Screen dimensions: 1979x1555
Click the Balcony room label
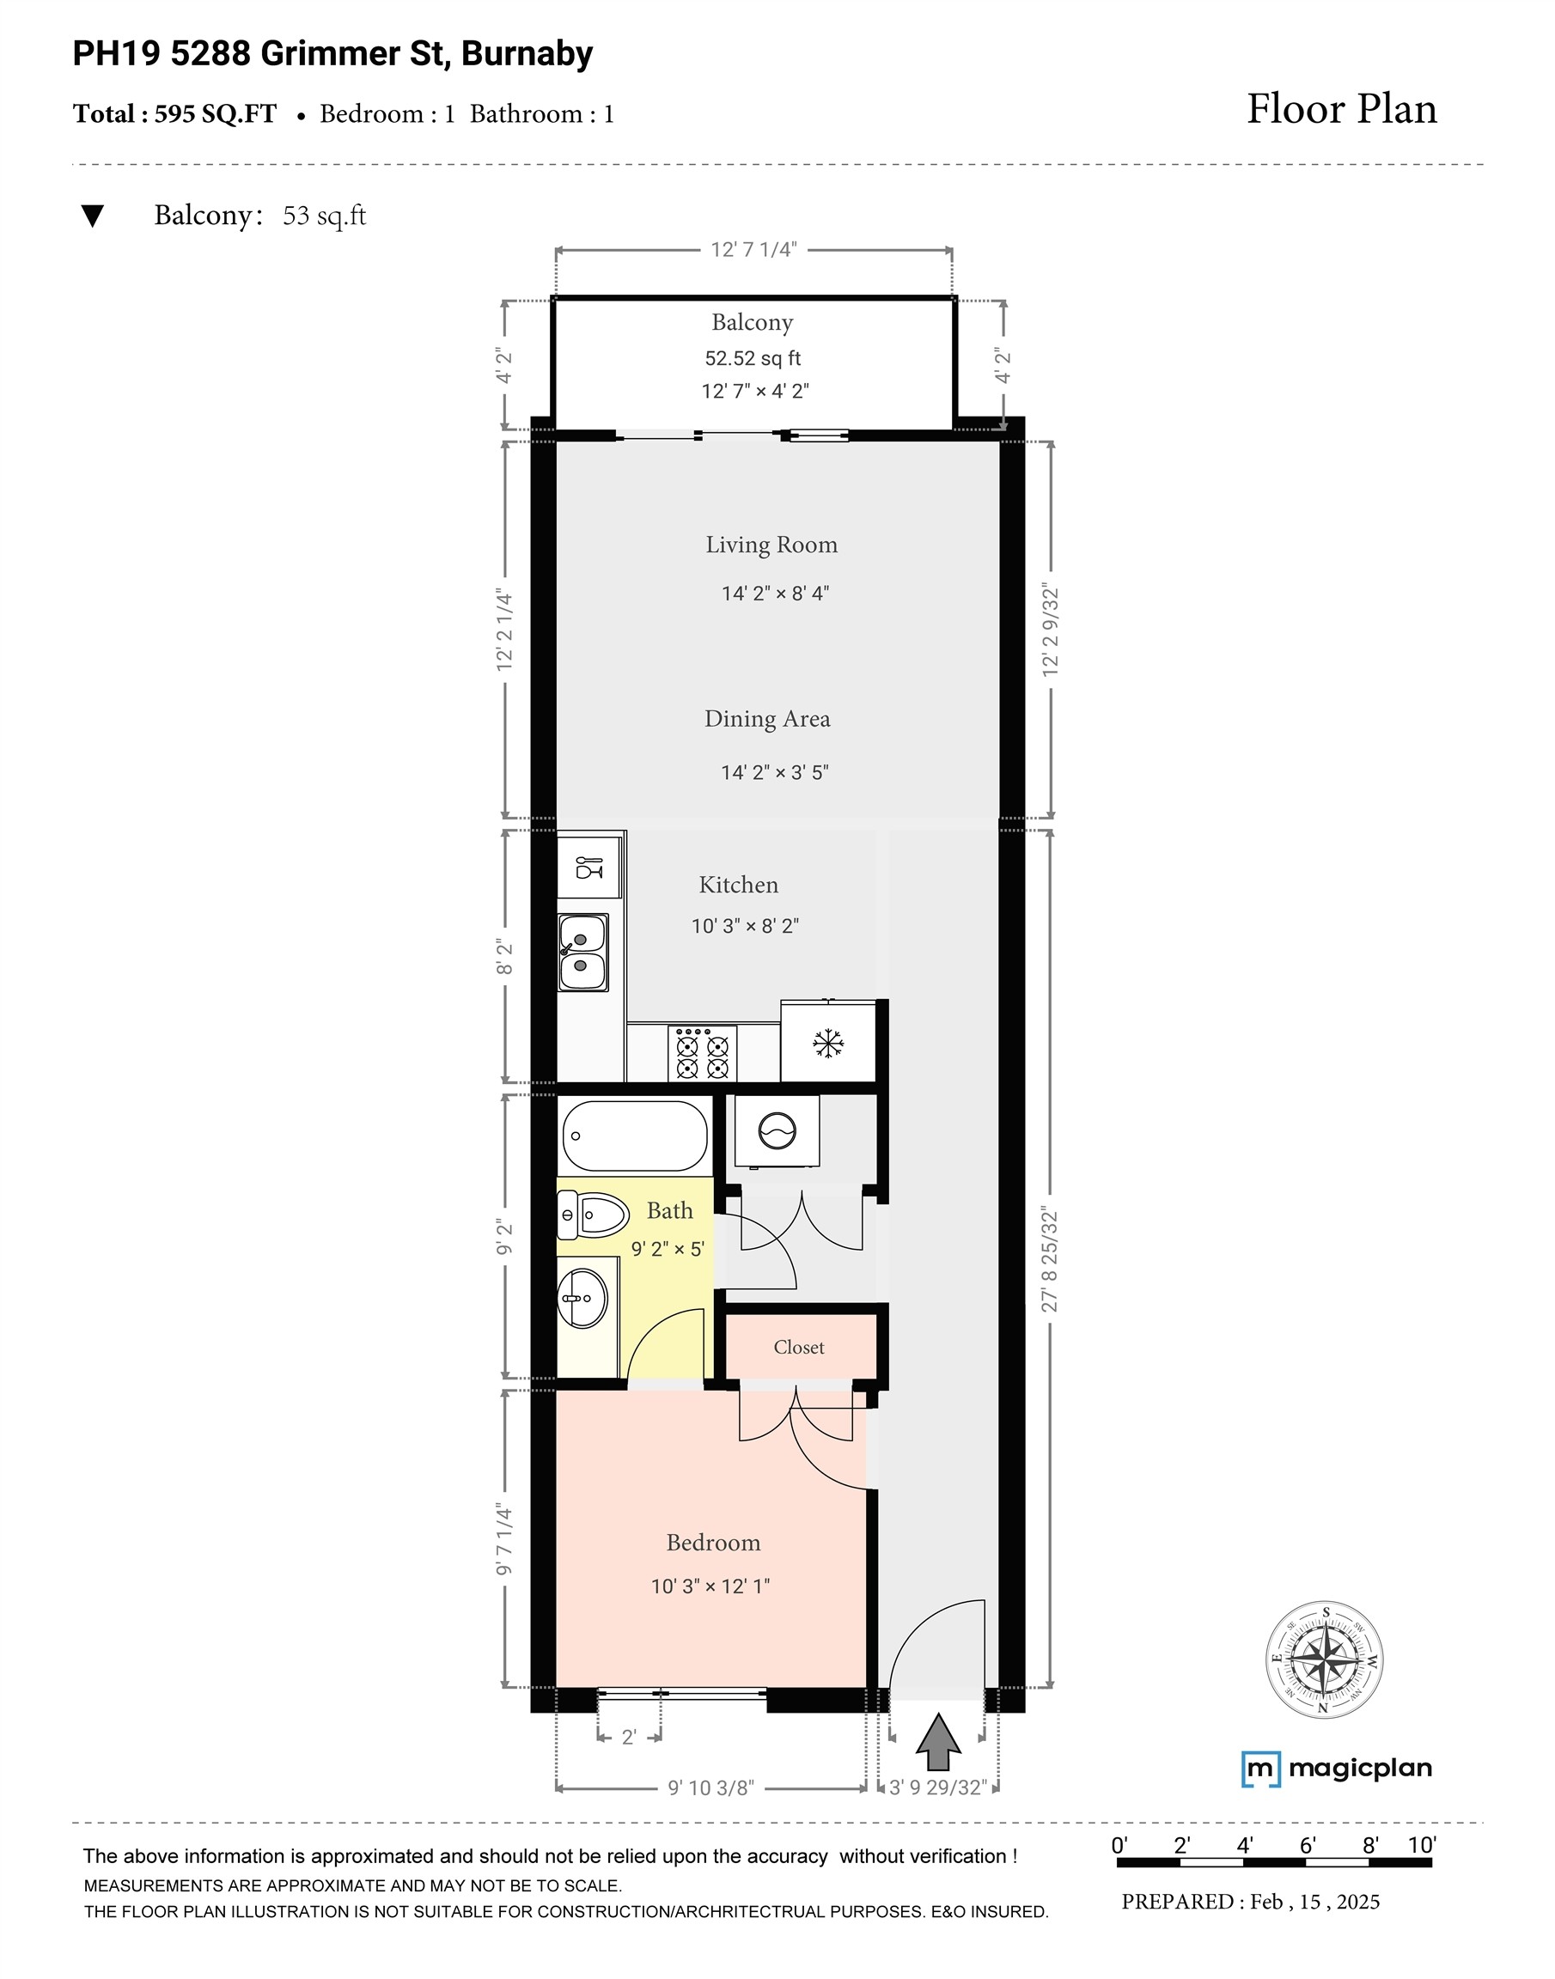pyautogui.click(x=752, y=322)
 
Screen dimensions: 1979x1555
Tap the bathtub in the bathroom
pyautogui.click(x=635, y=1136)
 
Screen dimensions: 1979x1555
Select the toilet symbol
pyautogui.click(x=593, y=1215)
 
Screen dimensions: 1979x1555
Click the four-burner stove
pyautogui.click(x=702, y=1053)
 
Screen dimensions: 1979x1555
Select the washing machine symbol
pyautogui.click(x=777, y=1131)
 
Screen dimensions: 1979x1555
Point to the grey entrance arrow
pyautogui.click(x=938, y=1742)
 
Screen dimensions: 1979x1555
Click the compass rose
pyautogui.click(x=1324, y=1660)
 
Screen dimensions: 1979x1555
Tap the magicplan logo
pyautogui.click(x=1337, y=1769)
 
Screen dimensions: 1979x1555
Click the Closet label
pyautogui.click(x=798, y=1348)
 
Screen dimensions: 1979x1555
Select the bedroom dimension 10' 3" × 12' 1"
pyautogui.click(x=710, y=1586)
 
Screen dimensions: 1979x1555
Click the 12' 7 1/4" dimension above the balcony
pyautogui.click(x=753, y=249)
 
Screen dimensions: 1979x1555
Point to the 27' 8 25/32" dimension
pyautogui.click(x=1050, y=1260)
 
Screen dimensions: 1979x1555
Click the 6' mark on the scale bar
pyautogui.click(x=1308, y=1845)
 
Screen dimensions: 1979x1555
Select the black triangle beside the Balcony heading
pyautogui.click(x=92, y=216)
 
